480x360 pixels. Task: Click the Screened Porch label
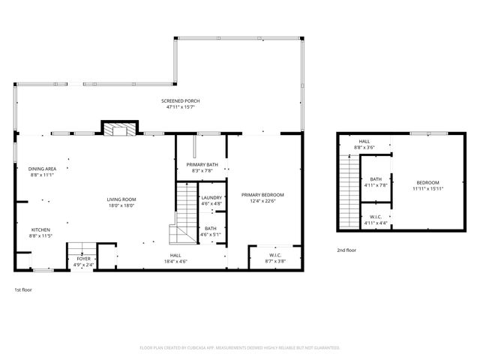(181, 100)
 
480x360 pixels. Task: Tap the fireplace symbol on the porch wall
(119, 130)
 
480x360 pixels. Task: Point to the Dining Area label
(43, 169)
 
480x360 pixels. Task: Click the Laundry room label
(211, 197)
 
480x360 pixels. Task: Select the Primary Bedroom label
(262, 194)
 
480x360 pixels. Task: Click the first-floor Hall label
(175, 255)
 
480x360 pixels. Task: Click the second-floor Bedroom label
(427, 182)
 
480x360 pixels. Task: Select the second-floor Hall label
(364, 141)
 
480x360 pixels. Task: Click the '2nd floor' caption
(346, 249)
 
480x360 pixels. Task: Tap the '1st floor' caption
(23, 289)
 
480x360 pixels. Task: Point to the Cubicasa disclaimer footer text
(240, 348)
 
